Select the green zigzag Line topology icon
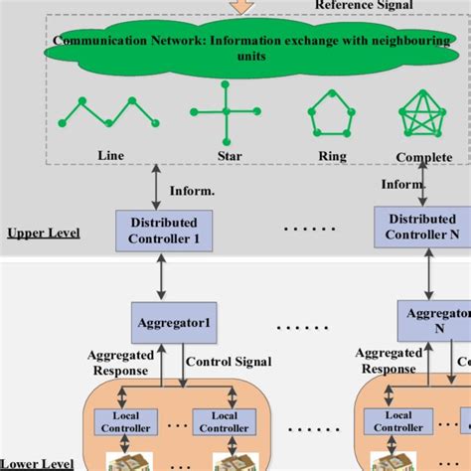click(x=108, y=111)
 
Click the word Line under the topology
click(x=111, y=155)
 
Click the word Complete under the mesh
click(x=423, y=157)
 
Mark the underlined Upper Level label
click(x=43, y=234)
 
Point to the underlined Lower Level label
click(x=37, y=463)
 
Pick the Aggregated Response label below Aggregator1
click(x=118, y=362)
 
